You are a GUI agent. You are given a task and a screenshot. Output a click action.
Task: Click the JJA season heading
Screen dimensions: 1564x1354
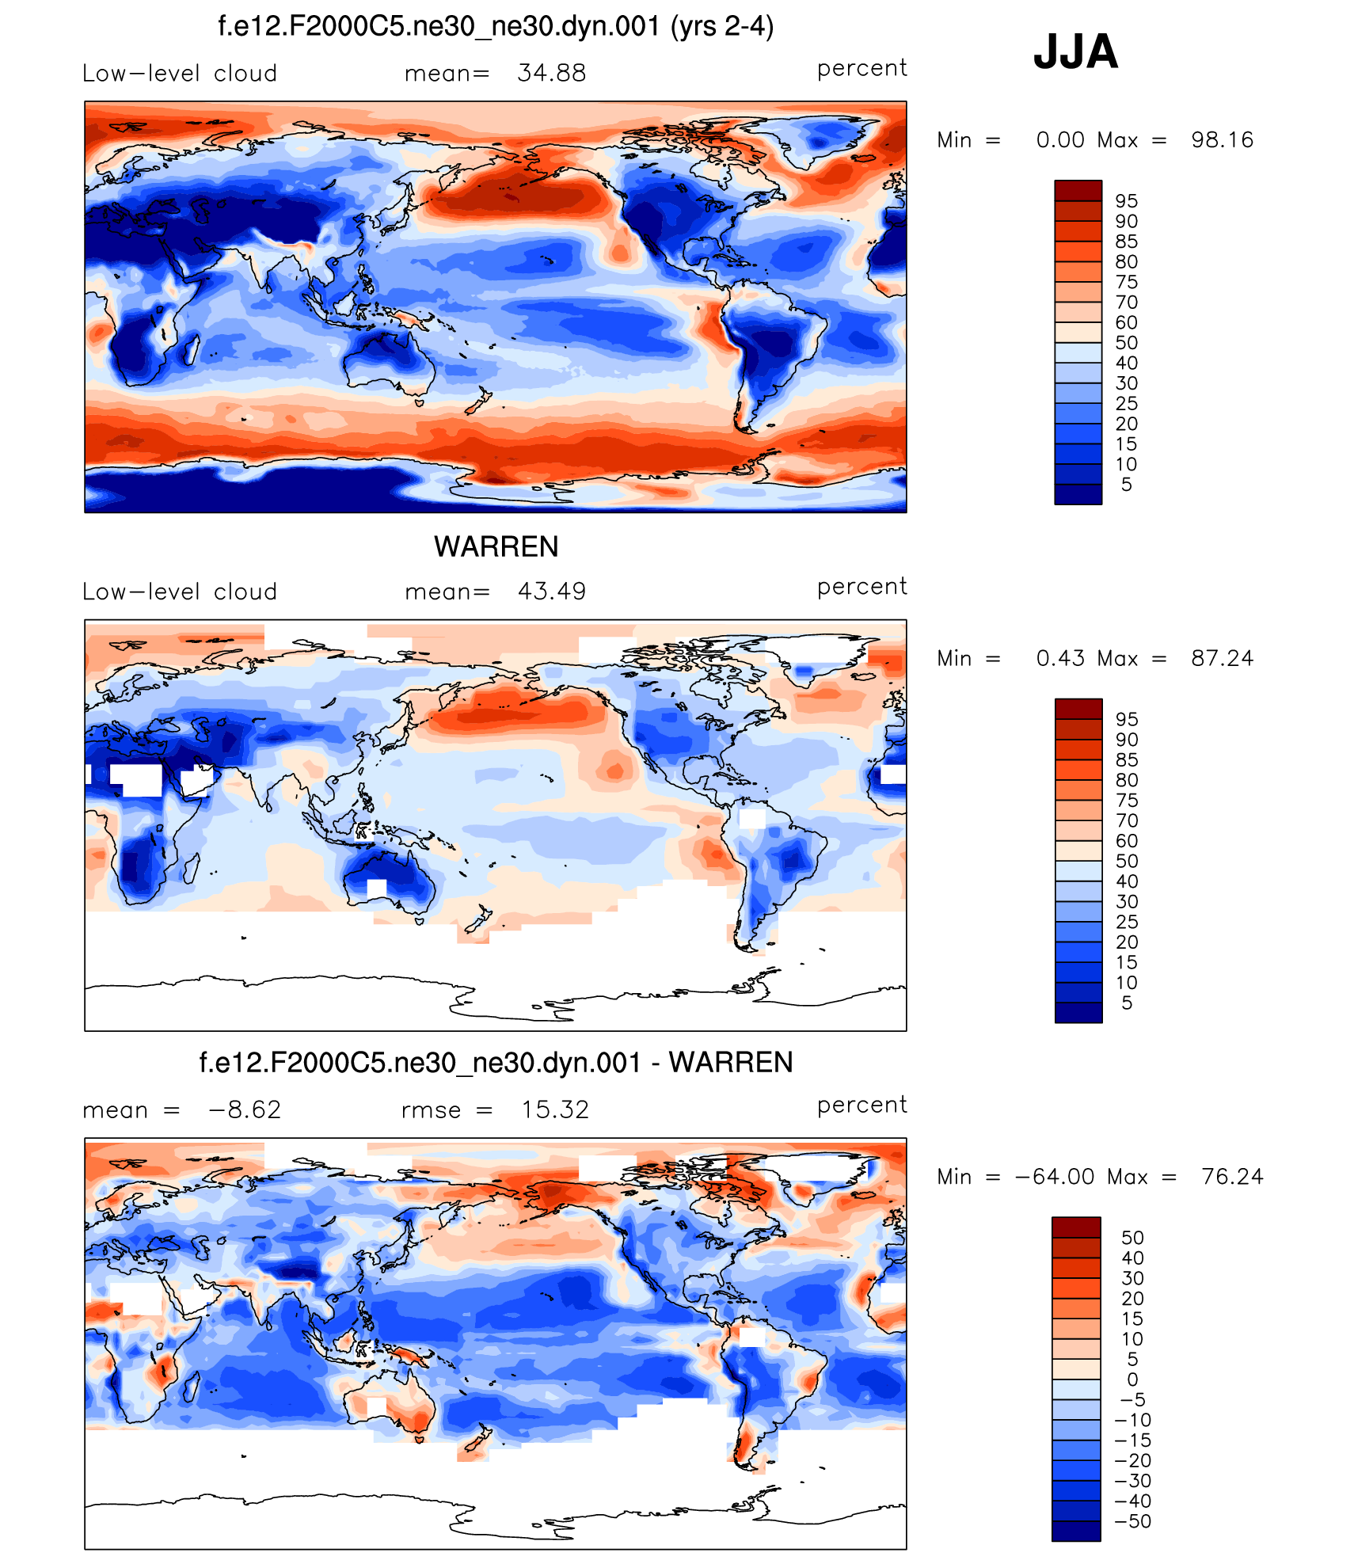tap(1075, 52)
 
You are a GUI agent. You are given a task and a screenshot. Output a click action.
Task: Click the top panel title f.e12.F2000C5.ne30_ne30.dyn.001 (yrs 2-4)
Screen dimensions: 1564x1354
tap(496, 27)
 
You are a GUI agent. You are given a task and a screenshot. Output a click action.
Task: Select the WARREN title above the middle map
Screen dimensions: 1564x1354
tap(496, 546)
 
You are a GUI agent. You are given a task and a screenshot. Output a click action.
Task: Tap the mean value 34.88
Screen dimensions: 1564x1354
tap(551, 73)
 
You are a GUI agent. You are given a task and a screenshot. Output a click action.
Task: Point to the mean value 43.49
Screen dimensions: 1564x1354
tap(551, 591)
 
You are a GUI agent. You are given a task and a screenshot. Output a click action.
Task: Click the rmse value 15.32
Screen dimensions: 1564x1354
tap(554, 1109)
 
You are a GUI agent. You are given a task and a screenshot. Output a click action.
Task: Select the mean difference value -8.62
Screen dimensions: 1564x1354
tap(244, 1109)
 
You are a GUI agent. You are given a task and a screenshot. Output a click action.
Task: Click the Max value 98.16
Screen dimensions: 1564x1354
tap(1222, 140)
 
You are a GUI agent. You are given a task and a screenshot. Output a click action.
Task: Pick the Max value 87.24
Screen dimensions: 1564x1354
tap(1222, 658)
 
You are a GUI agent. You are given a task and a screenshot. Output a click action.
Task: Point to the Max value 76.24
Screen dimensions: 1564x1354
tap(1231, 1177)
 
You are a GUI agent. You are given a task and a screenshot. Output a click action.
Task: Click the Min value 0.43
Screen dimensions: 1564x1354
tap(1060, 658)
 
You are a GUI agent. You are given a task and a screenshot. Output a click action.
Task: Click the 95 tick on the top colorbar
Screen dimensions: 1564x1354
tap(1126, 201)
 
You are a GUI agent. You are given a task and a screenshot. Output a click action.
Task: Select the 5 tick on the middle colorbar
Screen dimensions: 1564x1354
tap(1127, 1003)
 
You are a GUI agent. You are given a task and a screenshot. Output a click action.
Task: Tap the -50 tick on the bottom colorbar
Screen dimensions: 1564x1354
tap(1132, 1521)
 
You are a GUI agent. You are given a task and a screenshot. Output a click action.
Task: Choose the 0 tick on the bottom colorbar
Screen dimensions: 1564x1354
tap(1132, 1379)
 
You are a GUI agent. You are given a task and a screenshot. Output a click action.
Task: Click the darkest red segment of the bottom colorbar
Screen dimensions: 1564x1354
tap(1076, 1227)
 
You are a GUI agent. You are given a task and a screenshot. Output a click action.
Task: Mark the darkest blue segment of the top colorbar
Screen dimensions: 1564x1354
tap(1078, 494)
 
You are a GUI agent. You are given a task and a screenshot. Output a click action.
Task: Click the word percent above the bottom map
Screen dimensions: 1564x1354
tap(861, 1105)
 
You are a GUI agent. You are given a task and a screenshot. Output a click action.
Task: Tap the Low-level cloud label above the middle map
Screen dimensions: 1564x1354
tap(180, 592)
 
